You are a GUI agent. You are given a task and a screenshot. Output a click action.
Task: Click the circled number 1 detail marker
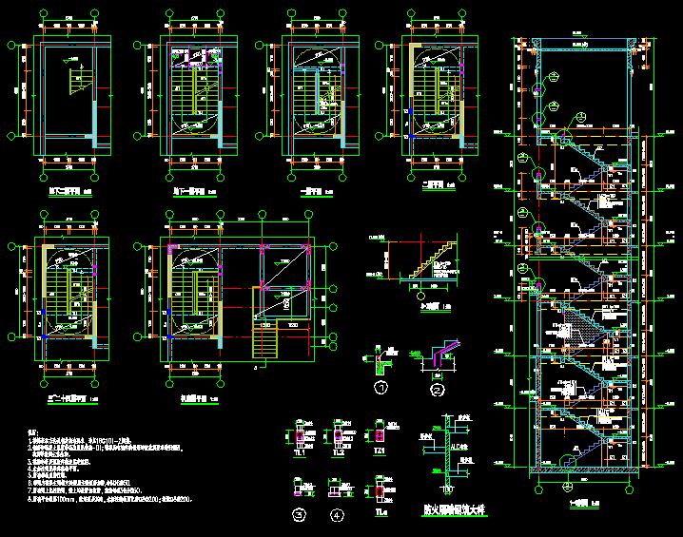point(381,388)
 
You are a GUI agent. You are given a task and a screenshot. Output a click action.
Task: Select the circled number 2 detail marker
point(438,389)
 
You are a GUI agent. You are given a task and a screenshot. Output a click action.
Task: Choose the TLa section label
point(381,514)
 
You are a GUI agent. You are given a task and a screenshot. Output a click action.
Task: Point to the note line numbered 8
point(114,498)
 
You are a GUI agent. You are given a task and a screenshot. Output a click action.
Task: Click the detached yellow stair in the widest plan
point(265,338)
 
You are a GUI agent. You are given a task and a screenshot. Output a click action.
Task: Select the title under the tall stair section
point(576,503)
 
